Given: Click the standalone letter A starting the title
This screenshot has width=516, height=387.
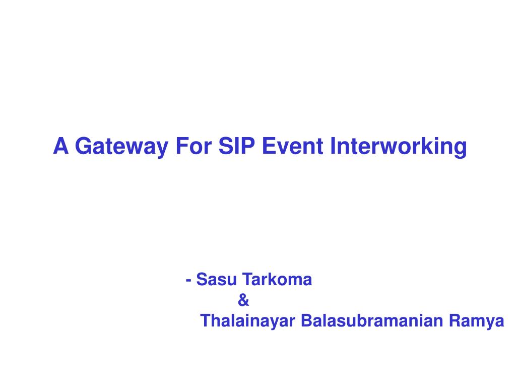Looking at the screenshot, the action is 61,146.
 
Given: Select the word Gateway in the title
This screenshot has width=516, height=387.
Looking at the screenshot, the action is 122,147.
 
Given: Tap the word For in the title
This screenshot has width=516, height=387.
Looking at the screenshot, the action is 194,146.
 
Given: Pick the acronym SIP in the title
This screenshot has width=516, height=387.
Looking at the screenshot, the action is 237,146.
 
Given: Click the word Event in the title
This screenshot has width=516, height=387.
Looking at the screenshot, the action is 293,146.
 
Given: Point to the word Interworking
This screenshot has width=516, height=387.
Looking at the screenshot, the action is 399,147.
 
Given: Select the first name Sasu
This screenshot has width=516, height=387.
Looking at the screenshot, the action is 217,279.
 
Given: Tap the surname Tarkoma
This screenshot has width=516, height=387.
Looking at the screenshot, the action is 277,279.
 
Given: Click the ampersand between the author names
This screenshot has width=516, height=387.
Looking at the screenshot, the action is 243,300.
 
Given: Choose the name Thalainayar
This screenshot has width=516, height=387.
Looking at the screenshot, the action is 247,321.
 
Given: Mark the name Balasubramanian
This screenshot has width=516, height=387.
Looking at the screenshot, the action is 372,320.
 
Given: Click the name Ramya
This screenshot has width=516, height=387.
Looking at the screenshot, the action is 477,321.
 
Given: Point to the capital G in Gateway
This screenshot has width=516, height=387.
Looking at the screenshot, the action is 83,146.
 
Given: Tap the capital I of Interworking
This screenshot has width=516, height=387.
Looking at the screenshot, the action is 333,146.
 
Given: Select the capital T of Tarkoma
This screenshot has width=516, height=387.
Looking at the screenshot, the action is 248,279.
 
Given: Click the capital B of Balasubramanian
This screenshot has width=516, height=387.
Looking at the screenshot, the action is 307,320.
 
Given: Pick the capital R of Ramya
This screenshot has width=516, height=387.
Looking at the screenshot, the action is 456,320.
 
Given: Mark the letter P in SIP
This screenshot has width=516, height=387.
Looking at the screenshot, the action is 248,146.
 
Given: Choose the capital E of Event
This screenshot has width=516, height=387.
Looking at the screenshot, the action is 269,146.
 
